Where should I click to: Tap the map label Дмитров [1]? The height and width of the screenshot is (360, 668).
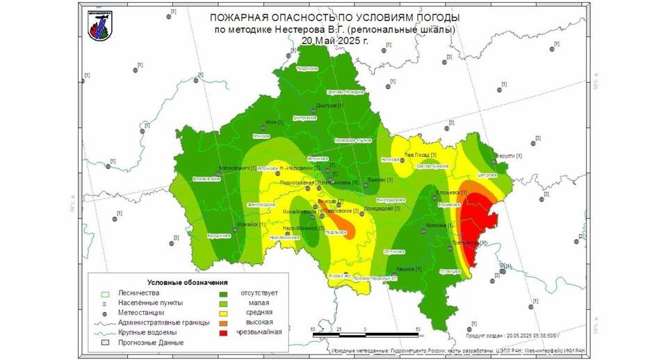tap(330, 106)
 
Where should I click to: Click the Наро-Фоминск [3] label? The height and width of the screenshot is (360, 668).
tap(304, 228)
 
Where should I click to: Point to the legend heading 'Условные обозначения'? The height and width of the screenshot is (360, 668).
tap(188, 282)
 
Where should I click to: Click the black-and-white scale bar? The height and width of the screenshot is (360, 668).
tap(365, 335)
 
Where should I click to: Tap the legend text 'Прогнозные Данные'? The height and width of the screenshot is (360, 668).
tap(151, 342)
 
